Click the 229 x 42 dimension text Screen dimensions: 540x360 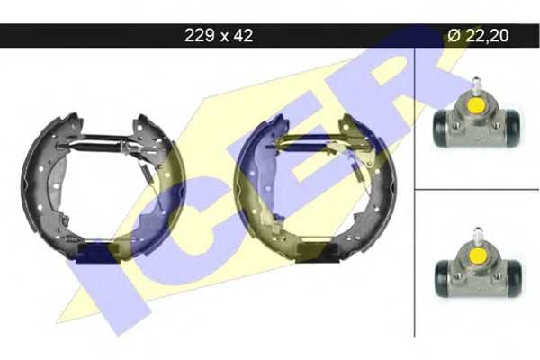pos(219,35)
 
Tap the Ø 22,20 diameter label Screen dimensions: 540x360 pos(478,35)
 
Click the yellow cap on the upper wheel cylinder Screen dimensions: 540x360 pos(475,106)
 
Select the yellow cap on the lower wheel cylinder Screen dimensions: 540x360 pos(478,256)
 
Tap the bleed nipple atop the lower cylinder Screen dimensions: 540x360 pos(478,234)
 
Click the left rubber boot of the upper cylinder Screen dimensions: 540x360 pos(440,128)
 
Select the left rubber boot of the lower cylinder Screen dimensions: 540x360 pos(442,278)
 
